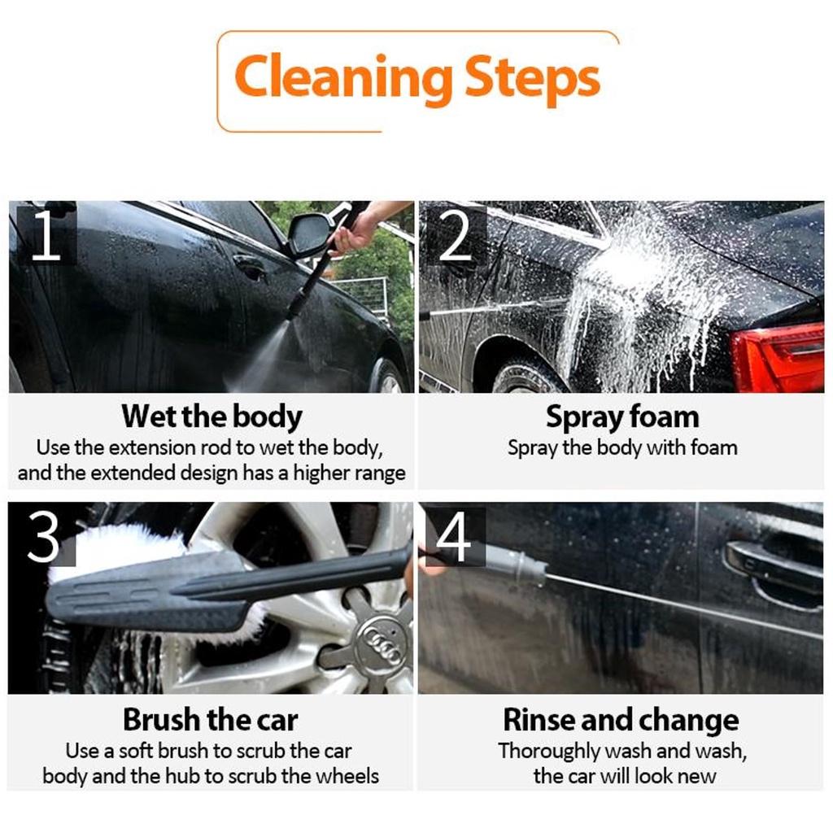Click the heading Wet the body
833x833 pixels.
212,417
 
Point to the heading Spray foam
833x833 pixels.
622,417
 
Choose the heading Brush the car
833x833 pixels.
211,720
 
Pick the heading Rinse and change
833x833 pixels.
621,720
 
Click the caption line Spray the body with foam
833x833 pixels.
622,448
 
